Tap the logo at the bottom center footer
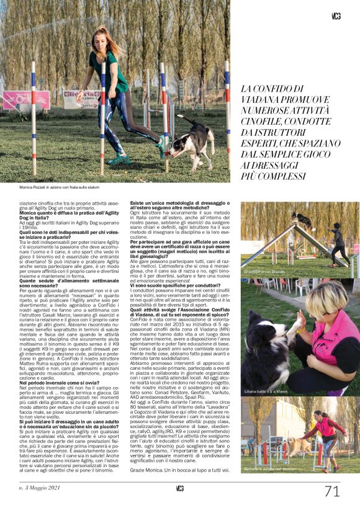(179, 489)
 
